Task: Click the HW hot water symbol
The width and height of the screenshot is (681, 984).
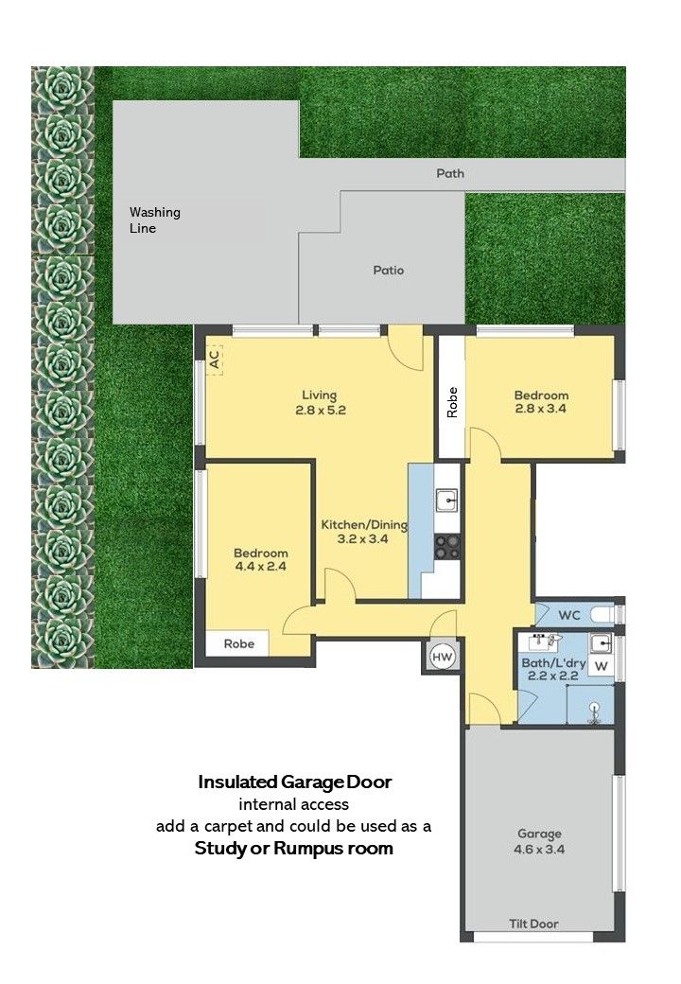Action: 443,657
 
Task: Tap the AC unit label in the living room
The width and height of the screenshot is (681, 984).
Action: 215,360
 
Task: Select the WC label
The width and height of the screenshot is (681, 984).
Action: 568,616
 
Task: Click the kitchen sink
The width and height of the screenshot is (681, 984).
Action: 447,501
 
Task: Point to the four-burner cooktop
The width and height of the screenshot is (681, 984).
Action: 447,546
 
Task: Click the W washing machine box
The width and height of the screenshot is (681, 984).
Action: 601,666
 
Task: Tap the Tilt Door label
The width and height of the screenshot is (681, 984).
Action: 533,923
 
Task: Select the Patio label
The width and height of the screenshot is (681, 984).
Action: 388,271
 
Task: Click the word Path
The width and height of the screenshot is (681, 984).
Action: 450,173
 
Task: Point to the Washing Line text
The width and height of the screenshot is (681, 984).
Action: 155,220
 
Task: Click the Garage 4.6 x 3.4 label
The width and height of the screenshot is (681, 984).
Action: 539,841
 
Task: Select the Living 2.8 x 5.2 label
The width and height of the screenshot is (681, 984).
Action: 320,403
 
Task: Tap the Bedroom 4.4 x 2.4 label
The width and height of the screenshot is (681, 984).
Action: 261,560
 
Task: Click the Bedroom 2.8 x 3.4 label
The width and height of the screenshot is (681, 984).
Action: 541,401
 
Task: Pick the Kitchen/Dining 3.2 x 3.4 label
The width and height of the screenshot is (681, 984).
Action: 364,532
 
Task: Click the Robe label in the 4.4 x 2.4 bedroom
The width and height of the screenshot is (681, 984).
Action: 239,644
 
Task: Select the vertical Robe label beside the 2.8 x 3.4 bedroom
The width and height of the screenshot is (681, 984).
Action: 452,402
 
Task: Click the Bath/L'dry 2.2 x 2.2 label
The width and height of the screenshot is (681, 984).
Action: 553,669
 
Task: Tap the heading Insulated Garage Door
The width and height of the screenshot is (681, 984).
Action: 295,782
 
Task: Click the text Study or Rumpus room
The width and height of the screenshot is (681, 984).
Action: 293,849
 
